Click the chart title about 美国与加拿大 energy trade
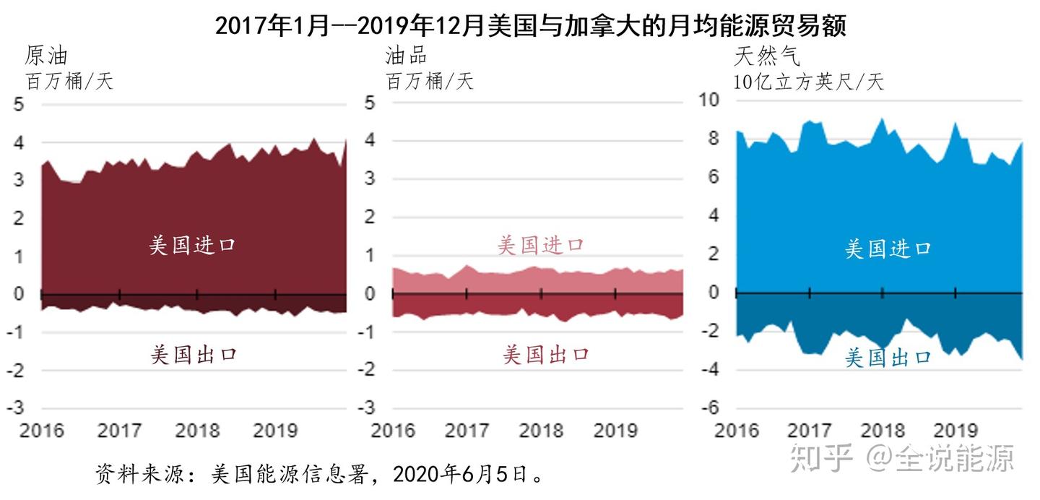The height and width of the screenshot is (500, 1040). click(x=530, y=26)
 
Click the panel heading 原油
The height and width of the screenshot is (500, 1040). click(x=46, y=56)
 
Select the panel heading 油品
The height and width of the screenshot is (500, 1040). click(x=406, y=56)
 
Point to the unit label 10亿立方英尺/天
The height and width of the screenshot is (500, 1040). click(x=808, y=81)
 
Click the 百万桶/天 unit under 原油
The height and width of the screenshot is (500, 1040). click(x=69, y=81)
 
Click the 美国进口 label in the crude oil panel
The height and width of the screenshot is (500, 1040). click(x=192, y=245)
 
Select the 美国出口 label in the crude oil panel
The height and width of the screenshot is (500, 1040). click(x=194, y=354)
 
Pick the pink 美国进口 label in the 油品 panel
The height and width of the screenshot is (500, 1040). click(x=540, y=245)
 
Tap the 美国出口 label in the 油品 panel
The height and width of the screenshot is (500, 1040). click(x=546, y=354)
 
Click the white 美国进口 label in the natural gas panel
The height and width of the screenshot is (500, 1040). click(x=888, y=249)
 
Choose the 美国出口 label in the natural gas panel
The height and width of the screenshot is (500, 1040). click(x=888, y=357)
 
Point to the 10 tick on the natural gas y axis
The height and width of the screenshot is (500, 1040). click(x=709, y=100)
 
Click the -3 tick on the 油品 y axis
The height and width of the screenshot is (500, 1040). click(x=368, y=408)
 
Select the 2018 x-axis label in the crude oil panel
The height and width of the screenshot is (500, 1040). click(x=197, y=431)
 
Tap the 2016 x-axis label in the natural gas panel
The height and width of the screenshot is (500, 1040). click(x=737, y=431)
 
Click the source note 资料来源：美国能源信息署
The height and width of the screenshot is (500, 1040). click(x=321, y=475)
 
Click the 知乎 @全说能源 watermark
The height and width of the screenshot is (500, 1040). click(x=902, y=457)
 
